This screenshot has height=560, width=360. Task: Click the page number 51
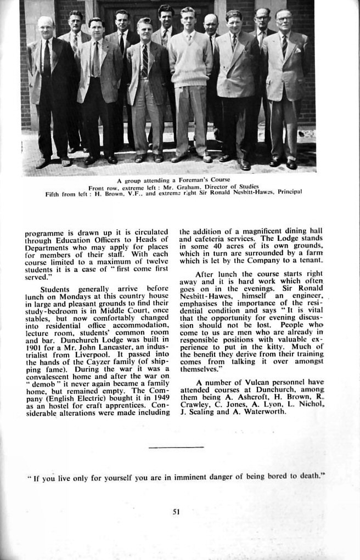click(x=176, y=512)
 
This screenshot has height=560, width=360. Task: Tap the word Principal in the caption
click(x=290, y=192)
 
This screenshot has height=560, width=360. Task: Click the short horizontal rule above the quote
click(x=176, y=448)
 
